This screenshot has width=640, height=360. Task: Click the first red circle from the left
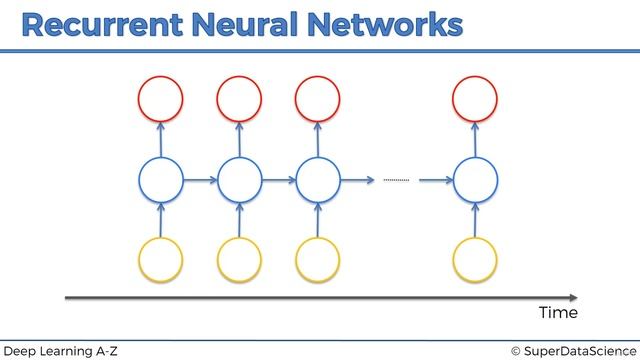tap(161, 98)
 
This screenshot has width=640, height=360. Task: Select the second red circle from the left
tap(240, 98)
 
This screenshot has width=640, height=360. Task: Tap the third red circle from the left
tap(317, 98)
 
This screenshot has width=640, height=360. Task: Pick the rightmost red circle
tap(474, 98)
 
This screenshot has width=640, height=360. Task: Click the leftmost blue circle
tap(161, 181)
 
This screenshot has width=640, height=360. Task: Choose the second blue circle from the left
tap(240, 181)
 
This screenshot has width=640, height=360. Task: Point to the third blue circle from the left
tap(317, 181)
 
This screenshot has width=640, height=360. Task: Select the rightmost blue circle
tap(474, 181)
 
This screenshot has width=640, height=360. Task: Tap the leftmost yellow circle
tap(161, 259)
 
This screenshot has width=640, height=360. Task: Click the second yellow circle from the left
tap(240, 259)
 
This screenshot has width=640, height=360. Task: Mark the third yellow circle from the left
tap(317, 259)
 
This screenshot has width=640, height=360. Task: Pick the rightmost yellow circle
tap(474, 259)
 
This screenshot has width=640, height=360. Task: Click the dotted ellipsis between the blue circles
tap(397, 181)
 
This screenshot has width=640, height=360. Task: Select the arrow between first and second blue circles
tap(200, 181)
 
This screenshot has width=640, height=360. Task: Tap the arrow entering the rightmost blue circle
tap(435, 181)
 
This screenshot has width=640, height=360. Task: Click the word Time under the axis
tap(558, 313)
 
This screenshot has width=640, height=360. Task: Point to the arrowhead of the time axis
tap(573, 297)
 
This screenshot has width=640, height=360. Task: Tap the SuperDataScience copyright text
tap(571, 349)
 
